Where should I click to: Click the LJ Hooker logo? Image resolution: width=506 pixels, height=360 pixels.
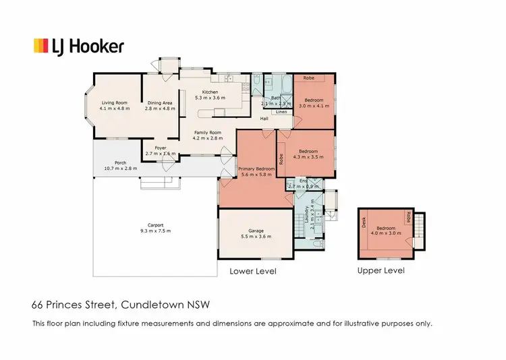coord(78,46)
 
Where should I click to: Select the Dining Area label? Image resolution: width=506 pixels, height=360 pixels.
coord(159,102)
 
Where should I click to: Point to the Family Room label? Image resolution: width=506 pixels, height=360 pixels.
coord(208,133)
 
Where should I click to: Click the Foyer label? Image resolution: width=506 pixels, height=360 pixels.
coord(160,148)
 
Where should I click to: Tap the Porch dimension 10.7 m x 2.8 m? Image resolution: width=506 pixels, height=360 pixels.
coord(121,168)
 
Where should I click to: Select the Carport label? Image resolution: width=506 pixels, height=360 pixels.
coord(156,225)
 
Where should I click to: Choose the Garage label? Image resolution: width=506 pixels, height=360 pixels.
coord(256,231)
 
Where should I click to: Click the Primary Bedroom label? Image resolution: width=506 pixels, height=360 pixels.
coord(256,169)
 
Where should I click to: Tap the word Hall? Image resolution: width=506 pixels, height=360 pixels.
coord(265,119)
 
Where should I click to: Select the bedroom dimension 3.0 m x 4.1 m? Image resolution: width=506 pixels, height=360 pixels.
coord(313,106)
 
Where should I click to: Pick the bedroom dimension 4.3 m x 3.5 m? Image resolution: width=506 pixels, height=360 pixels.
coord(309,157)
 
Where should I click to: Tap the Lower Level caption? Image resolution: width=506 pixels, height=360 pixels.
coord(253,271)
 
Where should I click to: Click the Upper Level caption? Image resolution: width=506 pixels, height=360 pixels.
coord(381,271)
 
